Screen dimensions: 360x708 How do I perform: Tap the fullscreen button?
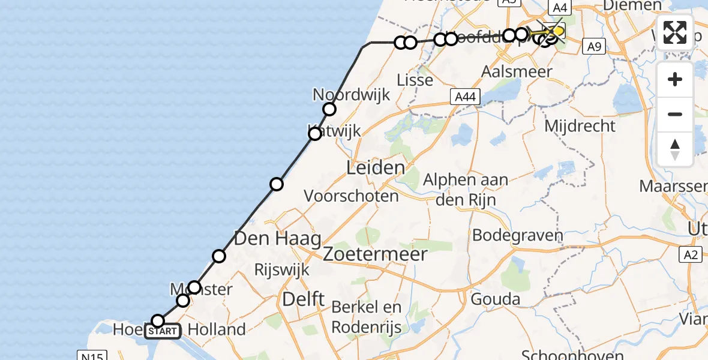(x=675, y=32)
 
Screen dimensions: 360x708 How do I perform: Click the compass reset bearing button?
(x=675, y=149)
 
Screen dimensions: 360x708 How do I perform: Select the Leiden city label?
(x=375, y=167)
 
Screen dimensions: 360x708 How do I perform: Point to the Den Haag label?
(x=277, y=238)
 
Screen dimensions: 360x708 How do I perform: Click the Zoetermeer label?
(x=375, y=254)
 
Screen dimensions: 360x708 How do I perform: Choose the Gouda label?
(x=496, y=299)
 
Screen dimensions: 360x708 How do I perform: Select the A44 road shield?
(x=465, y=97)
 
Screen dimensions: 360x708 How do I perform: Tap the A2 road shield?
(x=692, y=255)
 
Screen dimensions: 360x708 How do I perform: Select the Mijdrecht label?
(x=580, y=126)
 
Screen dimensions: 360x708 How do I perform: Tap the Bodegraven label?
(x=517, y=235)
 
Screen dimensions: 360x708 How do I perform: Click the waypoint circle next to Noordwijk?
(x=329, y=109)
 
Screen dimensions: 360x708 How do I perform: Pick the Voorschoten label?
(x=351, y=196)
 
